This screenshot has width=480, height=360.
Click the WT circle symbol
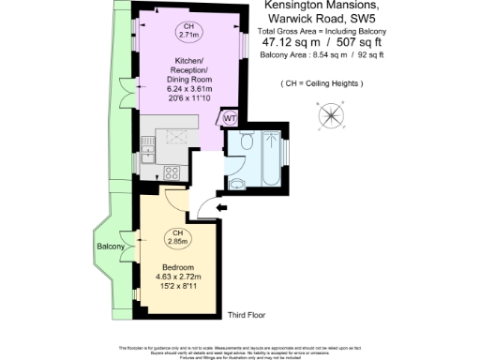coord(229,117)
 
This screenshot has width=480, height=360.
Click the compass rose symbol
coord(330,116)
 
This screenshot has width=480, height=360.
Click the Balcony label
coord(110,247)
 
